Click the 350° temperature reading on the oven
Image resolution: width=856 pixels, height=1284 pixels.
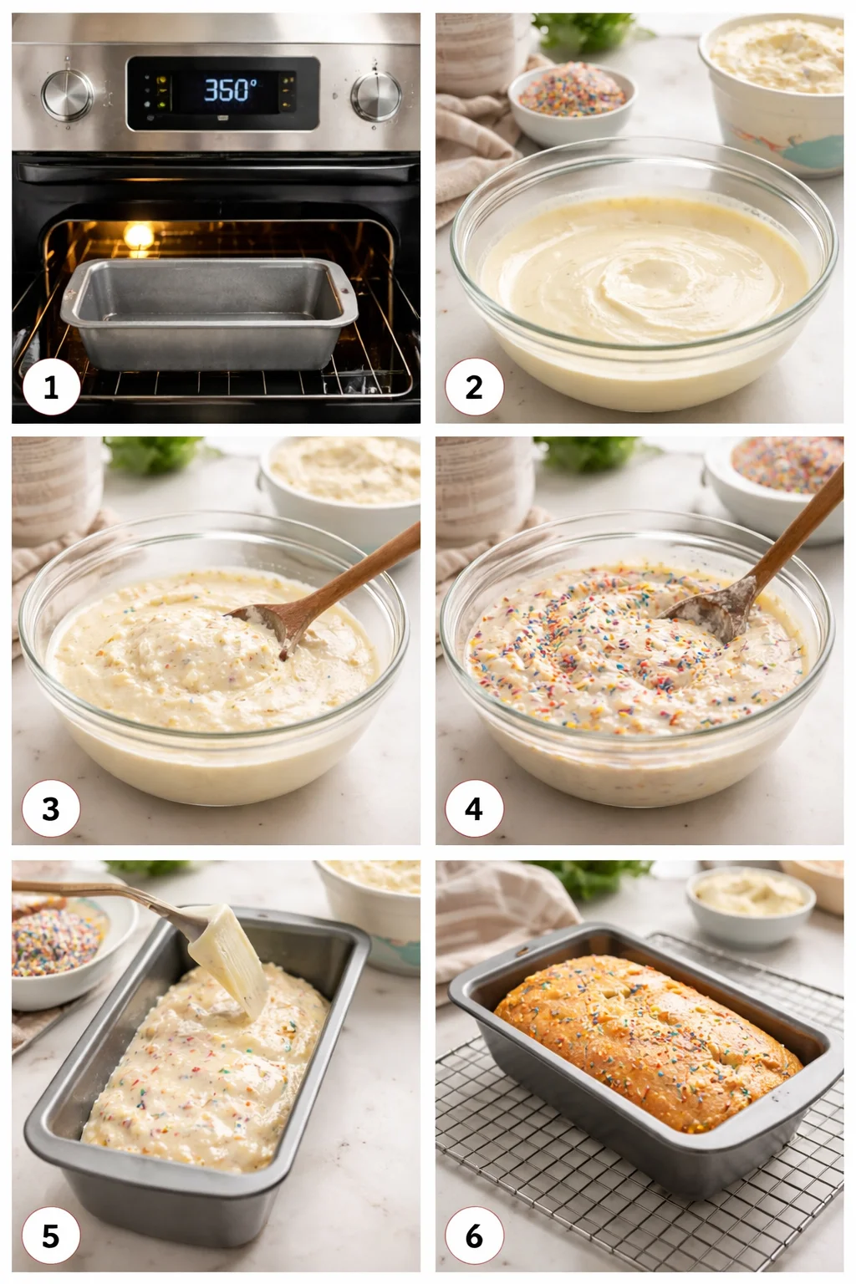point(231,89)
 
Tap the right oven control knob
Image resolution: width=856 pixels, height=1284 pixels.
point(375,94)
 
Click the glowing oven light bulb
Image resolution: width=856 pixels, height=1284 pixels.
point(139,236)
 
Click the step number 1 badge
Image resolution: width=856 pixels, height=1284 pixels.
point(51,388)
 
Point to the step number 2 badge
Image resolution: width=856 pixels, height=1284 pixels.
point(474,388)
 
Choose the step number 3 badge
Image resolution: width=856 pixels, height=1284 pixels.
point(51,809)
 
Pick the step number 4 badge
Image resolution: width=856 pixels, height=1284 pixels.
point(474,809)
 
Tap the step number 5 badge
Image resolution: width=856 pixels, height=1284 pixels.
point(51,1236)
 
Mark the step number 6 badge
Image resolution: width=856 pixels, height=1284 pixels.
point(474,1236)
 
